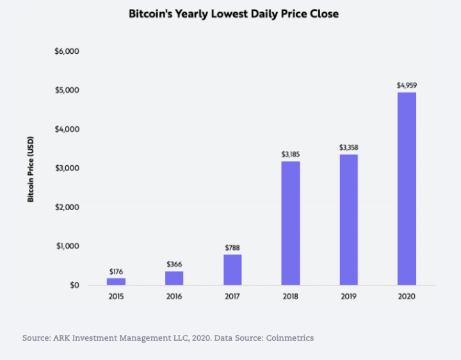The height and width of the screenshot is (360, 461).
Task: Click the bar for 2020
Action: click(407, 189)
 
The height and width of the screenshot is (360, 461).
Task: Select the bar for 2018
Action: click(290, 223)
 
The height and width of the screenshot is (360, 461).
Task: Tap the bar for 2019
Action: click(348, 220)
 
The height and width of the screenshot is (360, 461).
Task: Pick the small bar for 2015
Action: click(116, 281)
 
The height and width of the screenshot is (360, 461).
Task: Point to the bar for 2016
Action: click(174, 278)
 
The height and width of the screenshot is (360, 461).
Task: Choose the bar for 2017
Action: click(232, 270)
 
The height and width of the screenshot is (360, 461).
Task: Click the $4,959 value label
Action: click(407, 85)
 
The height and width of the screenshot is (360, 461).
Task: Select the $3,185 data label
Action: click(290, 154)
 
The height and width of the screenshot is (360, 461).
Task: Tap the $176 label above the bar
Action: click(116, 272)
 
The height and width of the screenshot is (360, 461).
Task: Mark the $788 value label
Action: click(232, 248)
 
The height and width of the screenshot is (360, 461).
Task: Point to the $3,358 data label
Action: click(348, 147)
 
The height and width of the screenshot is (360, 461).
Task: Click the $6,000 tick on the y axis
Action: click(67, 51)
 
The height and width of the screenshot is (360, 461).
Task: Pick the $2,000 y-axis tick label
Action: click(67, 207)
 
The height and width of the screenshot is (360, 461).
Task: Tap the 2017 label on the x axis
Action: click(232, 297)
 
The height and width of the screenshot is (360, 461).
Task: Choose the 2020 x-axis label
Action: click(407, 297)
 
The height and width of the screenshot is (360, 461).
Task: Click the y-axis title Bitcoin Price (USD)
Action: click(30, 168)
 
